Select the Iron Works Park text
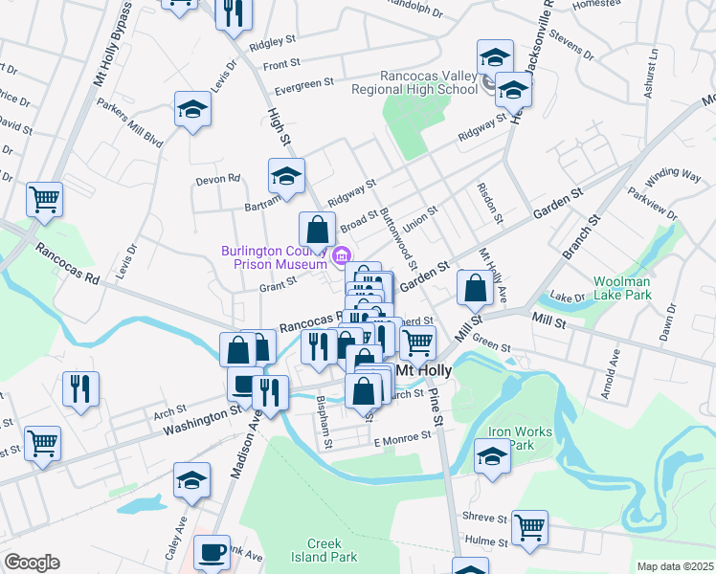tap(520, 438)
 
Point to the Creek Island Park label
tap(324, 549)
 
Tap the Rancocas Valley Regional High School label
tap(414, 81)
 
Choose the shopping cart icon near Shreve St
tap(530, 526)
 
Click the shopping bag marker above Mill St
tap(476, 286)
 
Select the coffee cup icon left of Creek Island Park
tap(212, 552)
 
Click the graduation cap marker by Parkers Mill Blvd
tap(192, 109)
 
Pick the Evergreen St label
tap(302, 83)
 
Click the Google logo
tap(32, 563)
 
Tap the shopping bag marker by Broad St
tap(317, 230)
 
